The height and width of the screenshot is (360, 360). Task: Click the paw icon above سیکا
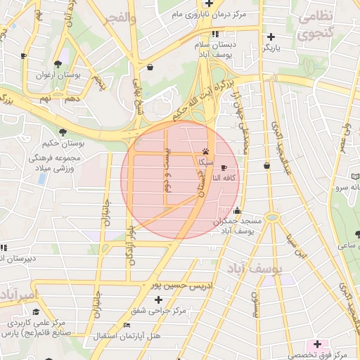205,151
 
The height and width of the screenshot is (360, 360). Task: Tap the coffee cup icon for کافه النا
224,168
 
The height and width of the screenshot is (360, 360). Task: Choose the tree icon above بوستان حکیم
64,131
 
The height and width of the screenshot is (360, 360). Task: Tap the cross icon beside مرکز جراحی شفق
139,300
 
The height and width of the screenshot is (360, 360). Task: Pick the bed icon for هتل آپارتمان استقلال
127,325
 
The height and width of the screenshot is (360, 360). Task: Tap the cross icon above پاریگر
271,37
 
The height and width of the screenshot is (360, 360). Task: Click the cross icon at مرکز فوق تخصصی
317,344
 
